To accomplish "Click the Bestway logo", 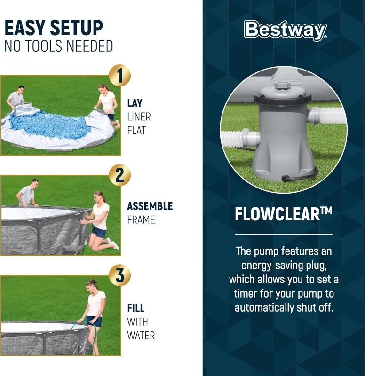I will [x=285, y=31].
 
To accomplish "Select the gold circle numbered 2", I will [x=119, y=175].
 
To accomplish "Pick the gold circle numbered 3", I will [x=119, y=275].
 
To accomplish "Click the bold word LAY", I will [x=135, y=103].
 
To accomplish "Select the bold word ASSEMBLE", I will [x=150, y=206].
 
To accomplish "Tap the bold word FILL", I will [x=135, y=308].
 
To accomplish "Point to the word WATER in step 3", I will [x=141, y=336].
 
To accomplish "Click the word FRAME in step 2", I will [x=141, y=219].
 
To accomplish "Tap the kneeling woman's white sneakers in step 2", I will [x=113, y=244].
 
